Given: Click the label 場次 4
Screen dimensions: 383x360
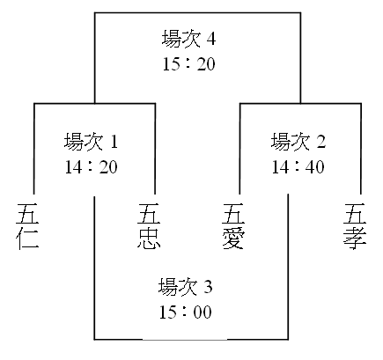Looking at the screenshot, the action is coord(188,39).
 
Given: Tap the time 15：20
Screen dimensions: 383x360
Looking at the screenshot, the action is coord(188,64).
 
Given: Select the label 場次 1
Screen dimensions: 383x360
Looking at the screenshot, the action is coord(91,142).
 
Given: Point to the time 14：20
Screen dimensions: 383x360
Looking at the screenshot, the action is coord(91,167).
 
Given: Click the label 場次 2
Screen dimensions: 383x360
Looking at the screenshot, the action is coord(298,142).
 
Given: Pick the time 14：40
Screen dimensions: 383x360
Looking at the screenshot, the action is coord(298,167).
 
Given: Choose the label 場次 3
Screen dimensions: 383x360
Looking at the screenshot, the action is coord(185,287).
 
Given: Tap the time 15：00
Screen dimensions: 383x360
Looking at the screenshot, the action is coord(185,312).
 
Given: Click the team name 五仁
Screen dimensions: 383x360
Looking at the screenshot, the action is coord(27,226).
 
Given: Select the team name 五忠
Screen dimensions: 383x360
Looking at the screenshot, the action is coord(149,226).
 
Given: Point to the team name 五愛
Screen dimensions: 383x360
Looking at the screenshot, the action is coord(233,226).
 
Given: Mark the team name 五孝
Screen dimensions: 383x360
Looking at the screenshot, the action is coord(355,226).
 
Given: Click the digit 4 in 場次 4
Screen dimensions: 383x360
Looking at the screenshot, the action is coord(210,39).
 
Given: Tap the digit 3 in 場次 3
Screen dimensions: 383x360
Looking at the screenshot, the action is coord(208,287).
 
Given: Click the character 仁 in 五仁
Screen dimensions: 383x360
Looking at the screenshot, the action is coord(27,239).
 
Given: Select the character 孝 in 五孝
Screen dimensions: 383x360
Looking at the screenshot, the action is coord(355,239).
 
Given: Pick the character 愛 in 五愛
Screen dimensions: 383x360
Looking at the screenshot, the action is coord(233,239).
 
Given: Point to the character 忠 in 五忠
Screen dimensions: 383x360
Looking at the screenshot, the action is coord(149,239).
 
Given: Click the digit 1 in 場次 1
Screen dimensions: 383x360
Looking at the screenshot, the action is coord(114,142).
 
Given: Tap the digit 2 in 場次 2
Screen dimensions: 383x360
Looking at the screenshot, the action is coord(320,142).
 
